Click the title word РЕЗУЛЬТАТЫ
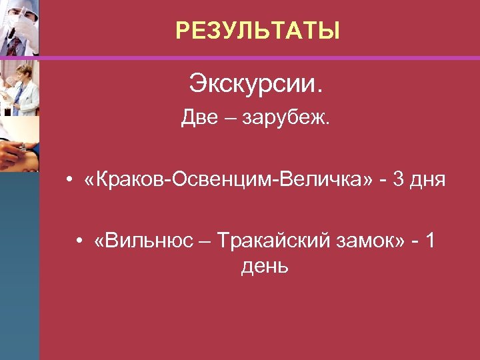257,31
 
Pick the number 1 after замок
431,241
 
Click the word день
265,267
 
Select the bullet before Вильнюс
79,241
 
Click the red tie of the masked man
13,45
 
